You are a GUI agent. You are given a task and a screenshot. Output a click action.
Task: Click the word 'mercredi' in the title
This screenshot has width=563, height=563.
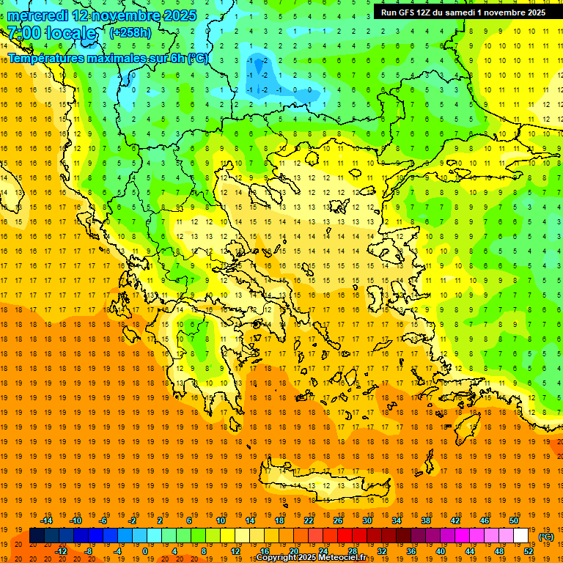[38, 15]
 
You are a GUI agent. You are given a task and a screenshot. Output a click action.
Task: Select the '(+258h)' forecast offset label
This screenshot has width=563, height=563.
[130, 33]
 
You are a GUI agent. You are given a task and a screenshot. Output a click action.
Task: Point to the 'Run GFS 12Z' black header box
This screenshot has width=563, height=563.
[463, 12]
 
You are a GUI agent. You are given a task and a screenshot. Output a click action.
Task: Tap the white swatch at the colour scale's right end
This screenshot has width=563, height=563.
[521, 536]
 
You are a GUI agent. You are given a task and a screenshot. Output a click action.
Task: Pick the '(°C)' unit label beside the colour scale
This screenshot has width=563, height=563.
[546, 537]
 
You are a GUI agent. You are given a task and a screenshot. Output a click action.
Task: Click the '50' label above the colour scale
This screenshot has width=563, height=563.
[514, 520]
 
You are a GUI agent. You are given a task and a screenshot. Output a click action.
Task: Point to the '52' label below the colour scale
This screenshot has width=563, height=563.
[529, 551]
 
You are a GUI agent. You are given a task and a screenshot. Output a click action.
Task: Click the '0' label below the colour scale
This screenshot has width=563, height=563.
[145, 551]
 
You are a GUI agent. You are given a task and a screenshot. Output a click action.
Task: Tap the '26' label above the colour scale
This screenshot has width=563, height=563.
[338, 520]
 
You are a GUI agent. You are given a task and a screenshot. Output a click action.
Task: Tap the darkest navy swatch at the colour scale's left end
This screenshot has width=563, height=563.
[37, 536]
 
